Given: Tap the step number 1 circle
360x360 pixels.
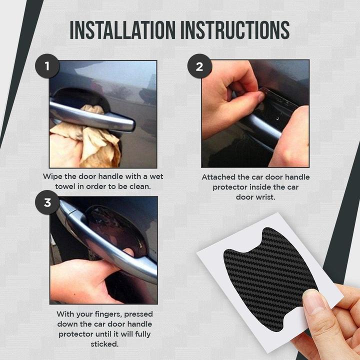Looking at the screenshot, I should click(x=47, y=66).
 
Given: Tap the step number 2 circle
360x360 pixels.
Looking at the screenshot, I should click(x=199, y=66).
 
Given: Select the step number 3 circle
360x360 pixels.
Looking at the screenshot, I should click(x=47, y=202).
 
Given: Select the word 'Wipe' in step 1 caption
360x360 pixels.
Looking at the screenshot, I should click(x=53, y=176).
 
